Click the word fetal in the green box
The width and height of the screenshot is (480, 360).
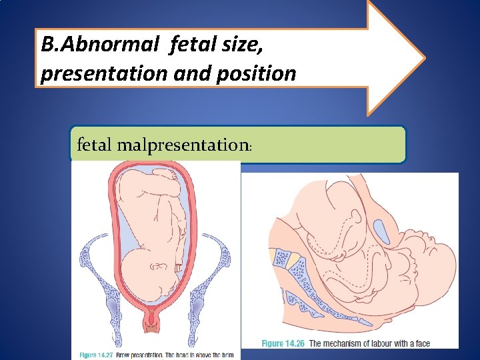pos(94,144)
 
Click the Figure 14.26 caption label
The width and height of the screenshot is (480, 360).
pos(282,343)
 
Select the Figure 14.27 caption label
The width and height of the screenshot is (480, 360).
pos(100,354)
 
